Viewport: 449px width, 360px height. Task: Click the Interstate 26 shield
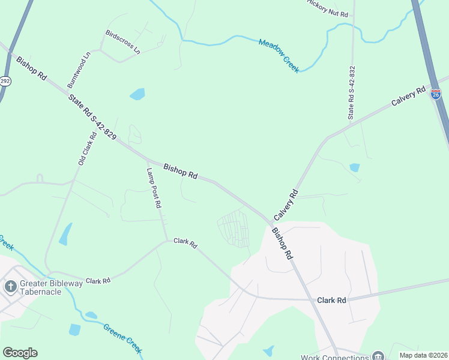coord(436,94)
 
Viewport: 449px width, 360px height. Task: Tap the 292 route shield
coord(5,80)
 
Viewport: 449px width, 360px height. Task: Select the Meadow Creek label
coord(279,56)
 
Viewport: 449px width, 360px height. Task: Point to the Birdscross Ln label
coord(122,42)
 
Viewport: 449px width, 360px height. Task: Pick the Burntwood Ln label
coord(79,70)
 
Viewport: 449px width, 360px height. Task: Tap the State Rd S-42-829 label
coord(92,116)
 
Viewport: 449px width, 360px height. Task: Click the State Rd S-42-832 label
coord(352,92)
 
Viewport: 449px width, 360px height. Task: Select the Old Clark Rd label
coord(87,149)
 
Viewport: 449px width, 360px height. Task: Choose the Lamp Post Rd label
coord(154,187)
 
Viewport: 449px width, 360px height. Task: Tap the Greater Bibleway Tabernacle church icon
coord(10,286)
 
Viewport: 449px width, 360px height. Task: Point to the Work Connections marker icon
coord(378,356)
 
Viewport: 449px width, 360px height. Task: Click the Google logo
coord(20,353)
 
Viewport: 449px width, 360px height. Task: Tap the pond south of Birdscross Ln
coord(137,94)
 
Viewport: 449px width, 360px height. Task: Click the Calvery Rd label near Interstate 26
coord(408,97)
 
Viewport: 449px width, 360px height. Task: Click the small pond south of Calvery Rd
coord(354,167)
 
